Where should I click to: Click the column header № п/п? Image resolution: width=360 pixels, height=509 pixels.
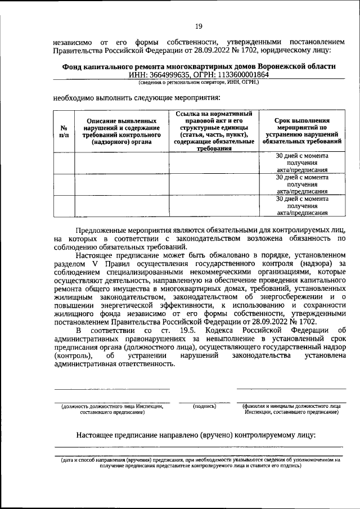(x=64, y=131)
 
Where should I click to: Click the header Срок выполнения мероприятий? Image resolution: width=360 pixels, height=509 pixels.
(x=302, y=131)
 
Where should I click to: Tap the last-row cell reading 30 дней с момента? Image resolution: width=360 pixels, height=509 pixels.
(x=302, y=206)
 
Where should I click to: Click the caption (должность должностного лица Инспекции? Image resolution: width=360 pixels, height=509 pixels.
(x=112, y=408)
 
